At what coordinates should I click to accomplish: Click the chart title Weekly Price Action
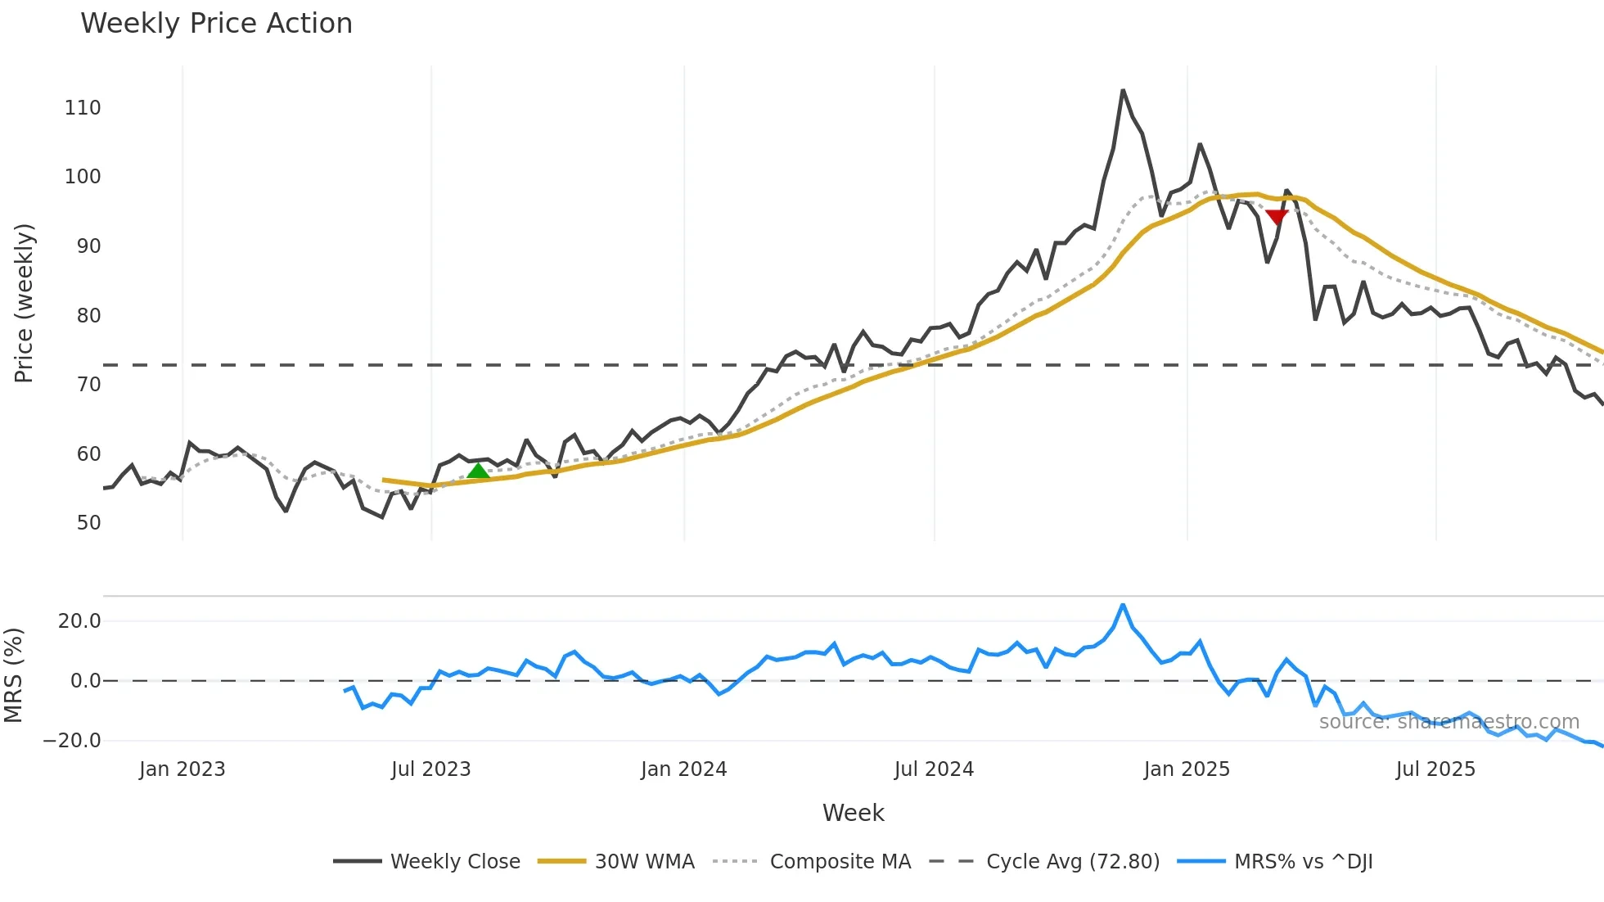tap(216, 24)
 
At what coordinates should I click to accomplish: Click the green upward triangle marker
tap(478, 471)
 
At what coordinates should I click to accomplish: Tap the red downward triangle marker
tap(1277, 217)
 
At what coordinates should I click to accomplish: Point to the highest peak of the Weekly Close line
tap(1123, 91)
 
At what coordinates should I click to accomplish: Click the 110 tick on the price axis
tap(83, 108)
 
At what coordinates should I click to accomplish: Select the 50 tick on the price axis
tap(88, 523)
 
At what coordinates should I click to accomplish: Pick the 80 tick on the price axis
tap(88, 316)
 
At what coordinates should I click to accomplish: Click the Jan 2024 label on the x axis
tap(683, 769)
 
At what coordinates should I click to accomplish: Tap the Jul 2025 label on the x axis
tap(1435, 769)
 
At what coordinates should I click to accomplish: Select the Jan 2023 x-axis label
tap(182, 769)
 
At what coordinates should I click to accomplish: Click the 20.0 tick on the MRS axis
tap(79, 621)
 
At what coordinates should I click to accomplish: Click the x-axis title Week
tap(853, 813)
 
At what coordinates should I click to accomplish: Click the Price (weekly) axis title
tap(25, 303)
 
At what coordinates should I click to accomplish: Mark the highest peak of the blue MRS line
tap(1123, 605)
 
